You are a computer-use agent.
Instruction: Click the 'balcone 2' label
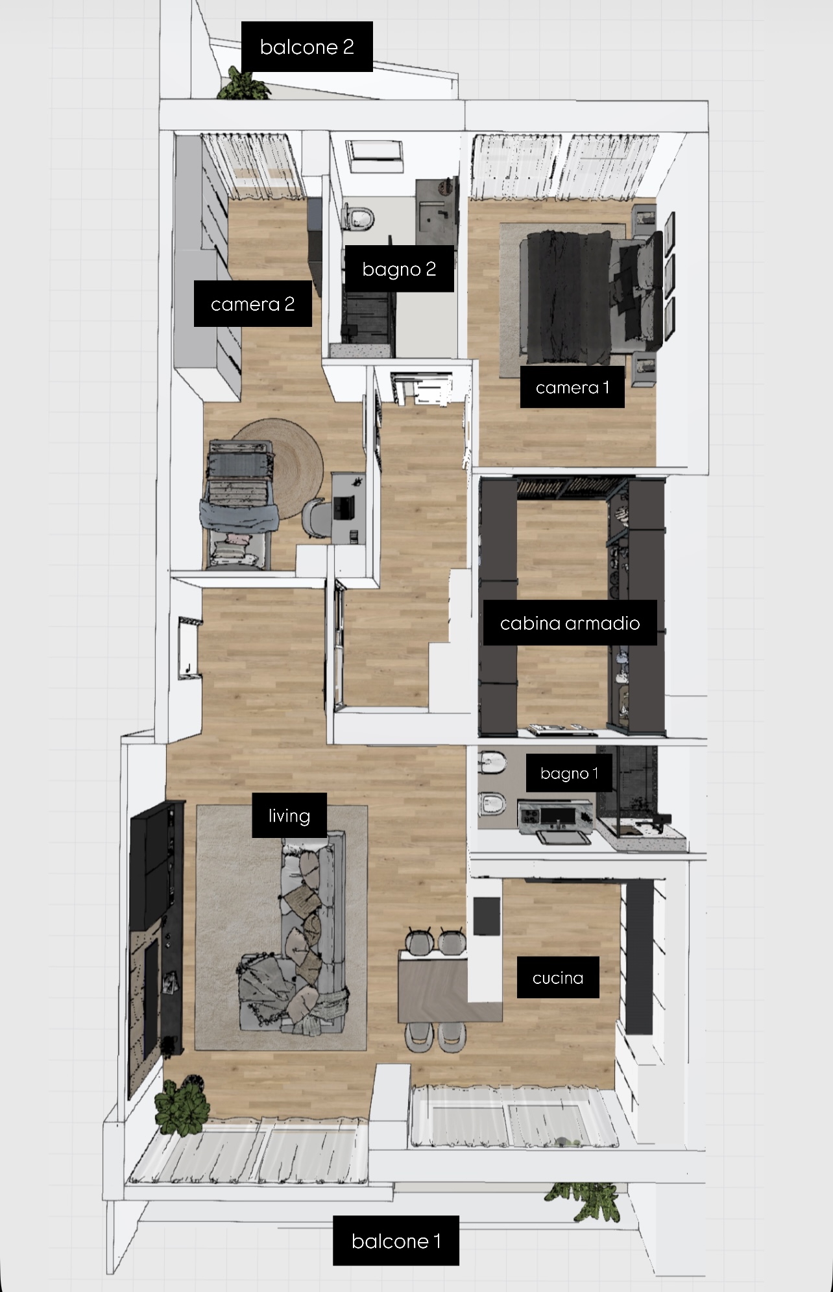pyautogui.click(x=307, y=47)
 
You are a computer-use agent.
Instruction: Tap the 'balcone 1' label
pyautogui.click(x=396, y=1241)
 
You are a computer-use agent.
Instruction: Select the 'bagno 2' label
pyautogui.click(x=399, y=269)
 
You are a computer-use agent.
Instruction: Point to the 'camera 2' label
pyautogui.click(x=252, y=304)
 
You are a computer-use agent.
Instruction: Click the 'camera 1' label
pyautogui.click(x=572, y=387)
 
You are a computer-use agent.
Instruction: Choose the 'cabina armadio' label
pyautogui.click(x=570, y=623)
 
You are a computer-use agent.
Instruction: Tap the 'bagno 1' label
pyautogui.click(x=569, y=773)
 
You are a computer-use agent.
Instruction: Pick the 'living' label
pyautogui.click(x=289, y=815)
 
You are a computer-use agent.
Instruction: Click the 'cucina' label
pyautogui.click(x=558, y=977)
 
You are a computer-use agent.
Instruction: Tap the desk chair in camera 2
pyautogui.click(x=317, y=517)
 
